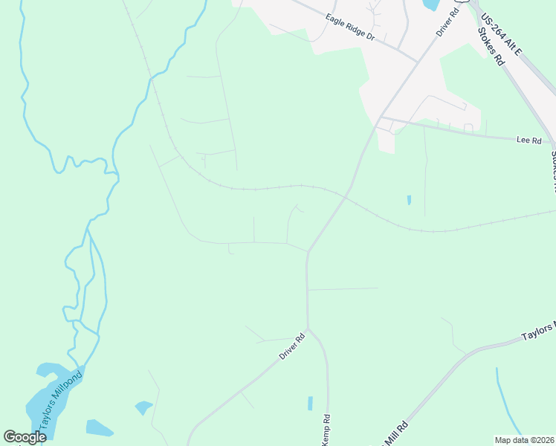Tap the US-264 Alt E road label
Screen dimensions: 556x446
(x=502, y=33)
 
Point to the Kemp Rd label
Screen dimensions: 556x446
(x=325, y=430)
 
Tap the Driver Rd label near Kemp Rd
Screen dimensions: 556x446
(x=292, y=346)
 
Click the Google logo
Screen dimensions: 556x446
(x=25, y=437)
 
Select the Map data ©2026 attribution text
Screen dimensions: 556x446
(x=525, y=440)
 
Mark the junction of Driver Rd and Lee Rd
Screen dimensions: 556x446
(x=381, y=117)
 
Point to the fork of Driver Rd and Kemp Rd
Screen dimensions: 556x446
(x=308, y=329)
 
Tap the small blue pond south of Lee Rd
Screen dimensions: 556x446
(x=409, y=200)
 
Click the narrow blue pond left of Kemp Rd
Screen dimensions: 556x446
(x=310, y=404)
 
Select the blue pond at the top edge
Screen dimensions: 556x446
(x=430, y=4)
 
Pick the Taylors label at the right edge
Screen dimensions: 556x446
(x=538, y=332)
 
